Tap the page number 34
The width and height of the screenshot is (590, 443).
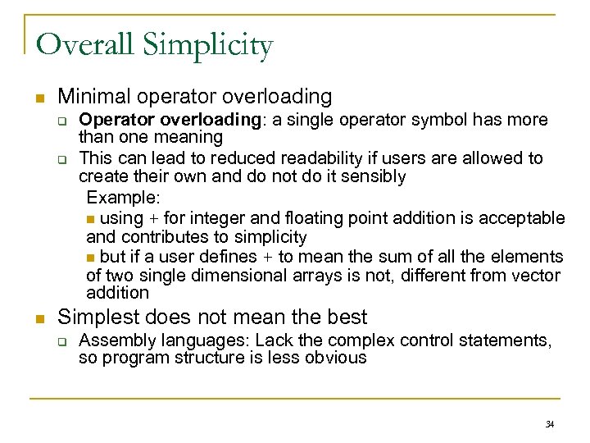[x=550, y=424]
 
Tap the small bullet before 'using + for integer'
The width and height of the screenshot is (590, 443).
[x=90, y=219]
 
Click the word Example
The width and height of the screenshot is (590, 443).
[x=123, y=198]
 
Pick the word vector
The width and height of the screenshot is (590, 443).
[x=537, y=276]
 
